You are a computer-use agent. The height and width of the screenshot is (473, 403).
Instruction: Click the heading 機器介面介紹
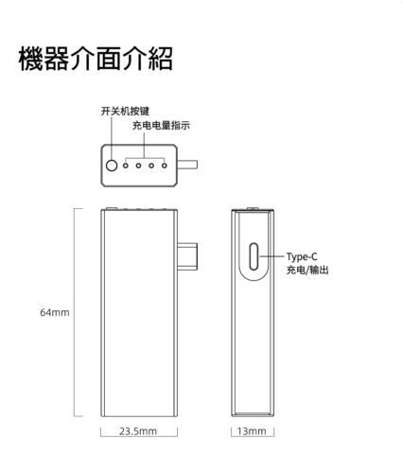[96, 59]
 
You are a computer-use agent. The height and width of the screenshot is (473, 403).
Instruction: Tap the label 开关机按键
[125, 111]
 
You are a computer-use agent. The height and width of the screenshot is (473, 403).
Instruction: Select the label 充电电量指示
[161, 126]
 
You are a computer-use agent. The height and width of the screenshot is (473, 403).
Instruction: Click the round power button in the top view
[112, 166]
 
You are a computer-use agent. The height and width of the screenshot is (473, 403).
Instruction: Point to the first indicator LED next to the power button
[126, 166]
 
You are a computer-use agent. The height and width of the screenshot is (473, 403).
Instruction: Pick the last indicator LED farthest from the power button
[165, 166]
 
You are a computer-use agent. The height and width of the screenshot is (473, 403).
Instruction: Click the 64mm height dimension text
[55, 312]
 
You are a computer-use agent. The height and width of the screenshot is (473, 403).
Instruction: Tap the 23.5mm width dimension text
[138, 431]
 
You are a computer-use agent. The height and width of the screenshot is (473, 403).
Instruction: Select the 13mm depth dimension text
[252, 431]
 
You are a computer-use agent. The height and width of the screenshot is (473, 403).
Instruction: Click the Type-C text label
[302, 257]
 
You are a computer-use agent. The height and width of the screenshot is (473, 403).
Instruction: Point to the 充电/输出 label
[307, 270]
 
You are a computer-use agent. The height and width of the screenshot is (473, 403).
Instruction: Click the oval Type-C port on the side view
[254, 256]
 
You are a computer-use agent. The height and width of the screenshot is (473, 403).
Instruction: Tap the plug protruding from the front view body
[187, 256]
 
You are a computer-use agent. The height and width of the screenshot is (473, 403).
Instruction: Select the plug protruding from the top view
[187, 165]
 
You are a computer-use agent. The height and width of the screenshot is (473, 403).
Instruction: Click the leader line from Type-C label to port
[272, 256]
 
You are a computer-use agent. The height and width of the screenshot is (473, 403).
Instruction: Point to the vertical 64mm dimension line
[75, 312]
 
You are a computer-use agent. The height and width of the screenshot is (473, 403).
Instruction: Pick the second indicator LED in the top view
[138, 166]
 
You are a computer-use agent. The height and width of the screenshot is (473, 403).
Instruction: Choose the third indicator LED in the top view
[151, 166]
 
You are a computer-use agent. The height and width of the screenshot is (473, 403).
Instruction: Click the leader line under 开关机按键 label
[112, 138]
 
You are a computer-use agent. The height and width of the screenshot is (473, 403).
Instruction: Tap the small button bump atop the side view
[252, 208]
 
